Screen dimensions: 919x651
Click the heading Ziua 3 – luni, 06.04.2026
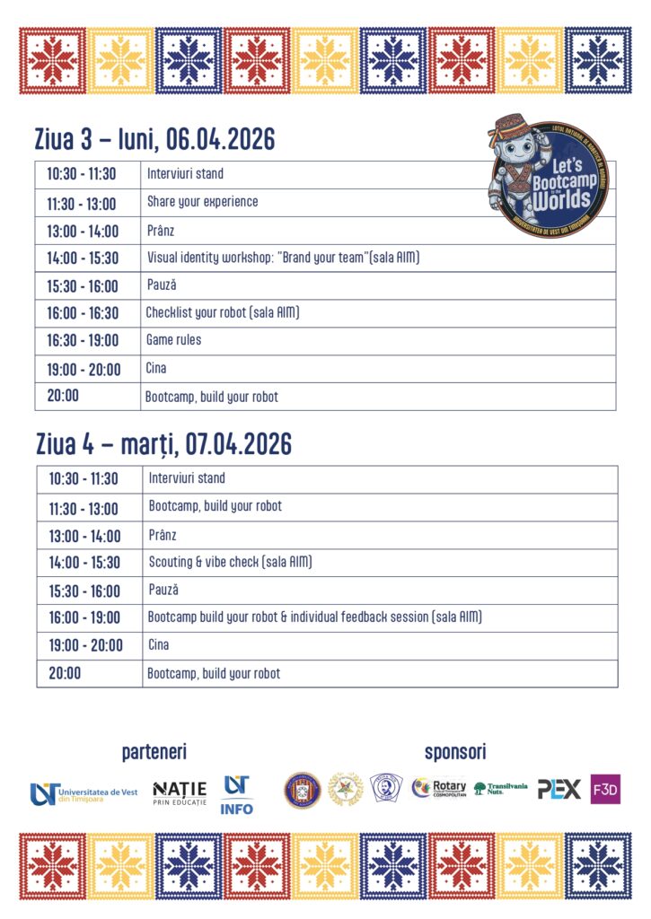(154, 140)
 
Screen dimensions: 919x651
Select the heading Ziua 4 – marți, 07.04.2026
(163, 444)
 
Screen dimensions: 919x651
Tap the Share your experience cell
(202, 202)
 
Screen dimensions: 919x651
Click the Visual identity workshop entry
(283, 258)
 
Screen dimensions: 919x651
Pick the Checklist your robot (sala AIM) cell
(222, 313)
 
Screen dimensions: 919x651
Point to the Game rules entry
(173, 340)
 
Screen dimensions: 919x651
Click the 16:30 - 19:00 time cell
(83, 341)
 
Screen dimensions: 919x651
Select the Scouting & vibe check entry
(230, 563)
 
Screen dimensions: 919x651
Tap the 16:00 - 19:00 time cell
(84, 618)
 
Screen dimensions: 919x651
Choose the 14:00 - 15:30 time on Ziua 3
(83, 258)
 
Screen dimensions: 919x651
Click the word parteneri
(154, 752)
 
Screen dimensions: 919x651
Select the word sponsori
(455, 752)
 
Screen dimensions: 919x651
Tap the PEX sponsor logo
(559, 789)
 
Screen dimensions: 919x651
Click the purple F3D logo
(605, 789)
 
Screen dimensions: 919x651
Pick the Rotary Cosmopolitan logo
(439, 789)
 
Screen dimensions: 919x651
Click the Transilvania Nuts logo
(501, 789)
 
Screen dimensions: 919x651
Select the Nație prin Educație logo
(180, 792)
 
